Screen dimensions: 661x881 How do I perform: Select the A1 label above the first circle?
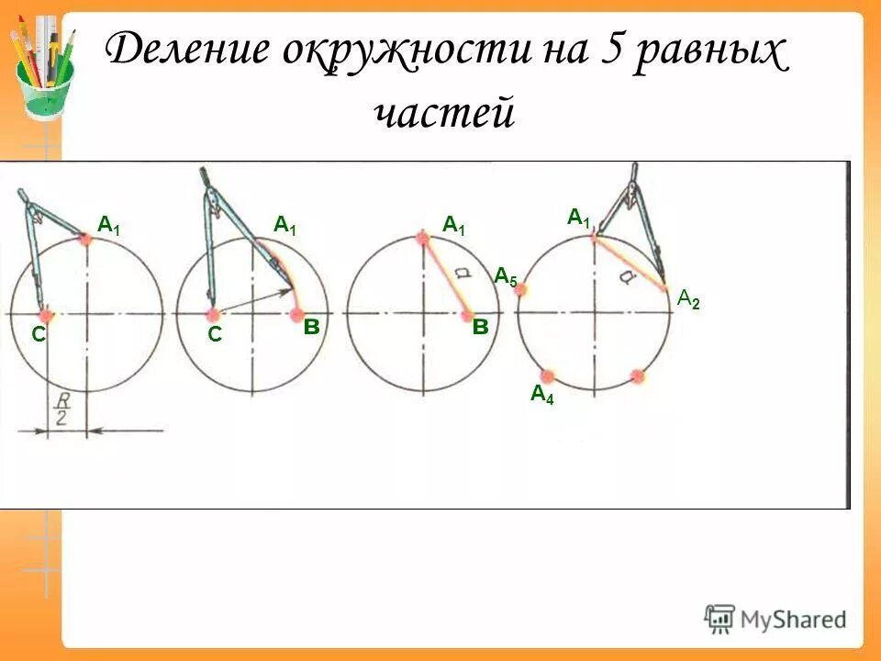109,224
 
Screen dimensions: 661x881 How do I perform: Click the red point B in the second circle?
297,315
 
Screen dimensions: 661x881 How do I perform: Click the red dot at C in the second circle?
213,315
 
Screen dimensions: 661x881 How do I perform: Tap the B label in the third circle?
479,328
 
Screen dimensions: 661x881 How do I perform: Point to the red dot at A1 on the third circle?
422,238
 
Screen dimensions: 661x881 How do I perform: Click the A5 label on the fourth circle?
506,276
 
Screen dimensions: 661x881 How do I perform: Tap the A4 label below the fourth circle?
542,395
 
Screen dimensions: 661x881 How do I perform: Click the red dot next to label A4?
548,375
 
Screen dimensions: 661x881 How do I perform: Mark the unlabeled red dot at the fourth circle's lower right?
638,375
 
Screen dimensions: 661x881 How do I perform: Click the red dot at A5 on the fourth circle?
520,289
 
